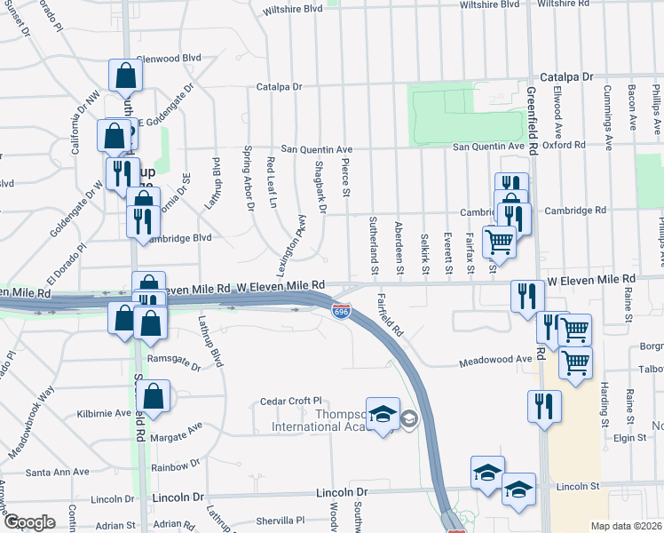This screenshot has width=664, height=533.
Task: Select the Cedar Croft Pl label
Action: click(x=289, y=402)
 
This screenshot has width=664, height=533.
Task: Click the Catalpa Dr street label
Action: click(x=280, y=87)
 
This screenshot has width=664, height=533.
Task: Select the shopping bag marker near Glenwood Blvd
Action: click(x=125, y=76)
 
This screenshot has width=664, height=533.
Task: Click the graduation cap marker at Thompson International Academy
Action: click(x=383, y=415)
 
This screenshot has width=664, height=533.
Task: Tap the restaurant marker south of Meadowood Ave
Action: click(x=544, y=405)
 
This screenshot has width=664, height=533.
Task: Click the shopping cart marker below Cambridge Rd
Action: click(x=499, y=242)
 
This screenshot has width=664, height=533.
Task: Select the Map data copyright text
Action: click(x=626, y=526)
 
